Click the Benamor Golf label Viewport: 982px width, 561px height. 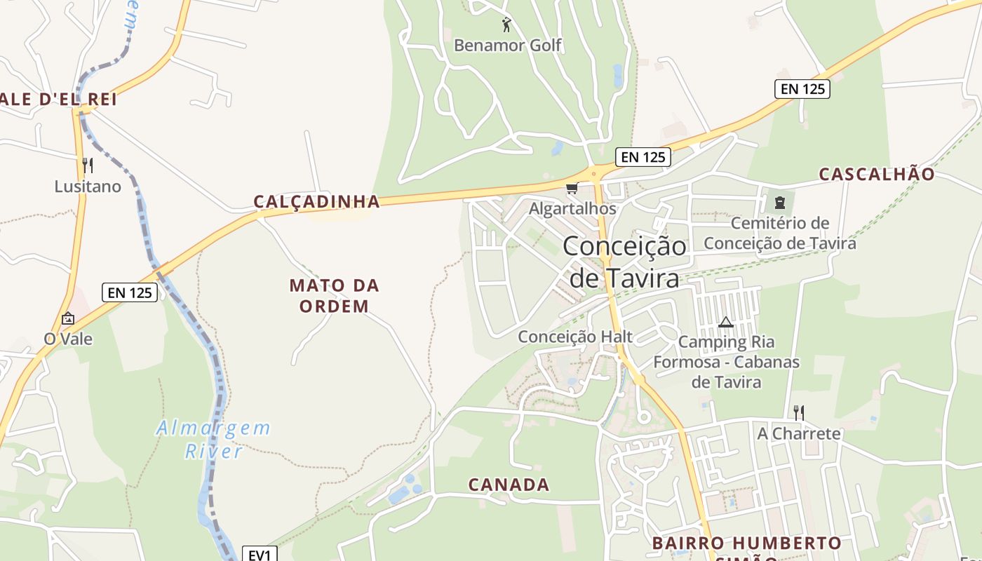click(508, 46)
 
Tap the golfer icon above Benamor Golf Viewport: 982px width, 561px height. click(506, 25)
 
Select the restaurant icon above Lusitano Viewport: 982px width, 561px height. click(88, 165)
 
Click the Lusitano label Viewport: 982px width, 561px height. click(88, 187)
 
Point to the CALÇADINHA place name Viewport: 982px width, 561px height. click(316, 202)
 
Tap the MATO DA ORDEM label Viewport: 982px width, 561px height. click(334, 295)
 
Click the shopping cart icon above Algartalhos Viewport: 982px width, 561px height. click(572, 188)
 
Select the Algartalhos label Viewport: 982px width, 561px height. click(572, 209)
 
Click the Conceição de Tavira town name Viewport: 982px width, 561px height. click(624, 262)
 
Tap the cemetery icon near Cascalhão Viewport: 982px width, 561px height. click(779, 203)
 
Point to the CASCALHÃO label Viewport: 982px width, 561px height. click(877, 174)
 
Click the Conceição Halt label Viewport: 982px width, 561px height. click(575, 337)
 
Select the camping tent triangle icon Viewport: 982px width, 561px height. click(726, 322)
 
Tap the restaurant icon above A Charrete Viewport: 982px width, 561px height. click(798, 412)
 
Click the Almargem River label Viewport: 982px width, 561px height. click(213, 439)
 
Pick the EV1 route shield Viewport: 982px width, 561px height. click(260, 555)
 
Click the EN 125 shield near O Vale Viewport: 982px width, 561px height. click(130, 292)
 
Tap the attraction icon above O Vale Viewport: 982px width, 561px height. click(68, 318)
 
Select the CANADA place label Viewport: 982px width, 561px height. click(509, 485)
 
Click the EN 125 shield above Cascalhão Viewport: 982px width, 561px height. click(802, 89)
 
